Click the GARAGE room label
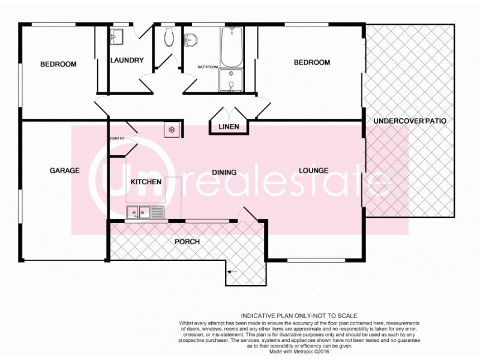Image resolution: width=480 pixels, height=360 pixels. [x=64, y=170]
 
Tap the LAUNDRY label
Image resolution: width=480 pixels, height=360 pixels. [x=127, y=60]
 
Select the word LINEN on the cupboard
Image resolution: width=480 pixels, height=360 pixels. [x=229, y=127]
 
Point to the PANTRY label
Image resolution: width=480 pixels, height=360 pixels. [x=117, y=139]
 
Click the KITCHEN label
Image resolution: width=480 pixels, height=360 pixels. [x=146, y=181]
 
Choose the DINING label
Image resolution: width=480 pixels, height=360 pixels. [x=224, y=172]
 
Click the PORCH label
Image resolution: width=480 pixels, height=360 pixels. [x=187, y=242]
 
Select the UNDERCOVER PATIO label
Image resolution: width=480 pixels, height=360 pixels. [x=410, y=121]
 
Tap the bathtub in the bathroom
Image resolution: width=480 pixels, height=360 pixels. [x=231, y=47]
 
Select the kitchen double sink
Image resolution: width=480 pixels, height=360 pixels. [x=144, y=211]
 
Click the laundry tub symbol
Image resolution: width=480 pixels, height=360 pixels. [x=117, y=37]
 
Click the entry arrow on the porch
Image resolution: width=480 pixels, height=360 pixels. [x=233, y=273]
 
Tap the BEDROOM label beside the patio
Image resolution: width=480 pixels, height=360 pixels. [x=312, y=62]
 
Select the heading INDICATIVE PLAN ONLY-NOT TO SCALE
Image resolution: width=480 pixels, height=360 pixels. [x=299, y=315]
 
